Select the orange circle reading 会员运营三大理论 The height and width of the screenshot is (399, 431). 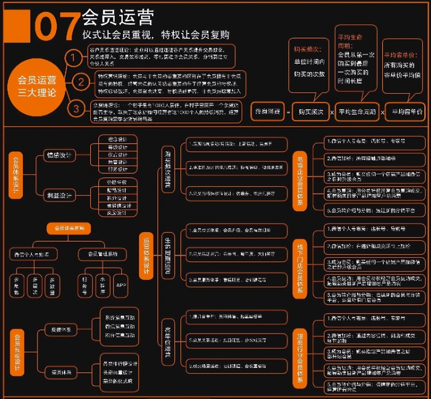37,86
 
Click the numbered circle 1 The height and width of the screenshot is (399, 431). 73,58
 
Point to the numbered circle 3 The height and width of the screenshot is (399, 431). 76,109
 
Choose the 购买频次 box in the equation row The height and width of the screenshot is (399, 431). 310,112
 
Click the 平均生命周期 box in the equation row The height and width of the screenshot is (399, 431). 357,112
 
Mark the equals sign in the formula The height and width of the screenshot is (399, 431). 288,112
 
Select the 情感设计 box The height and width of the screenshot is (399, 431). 59,155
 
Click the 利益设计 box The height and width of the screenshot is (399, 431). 59,195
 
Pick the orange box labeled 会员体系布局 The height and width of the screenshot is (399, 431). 69,228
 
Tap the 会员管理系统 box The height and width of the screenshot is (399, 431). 102,254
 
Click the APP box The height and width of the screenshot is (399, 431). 121,285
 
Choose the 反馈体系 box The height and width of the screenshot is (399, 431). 61,330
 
